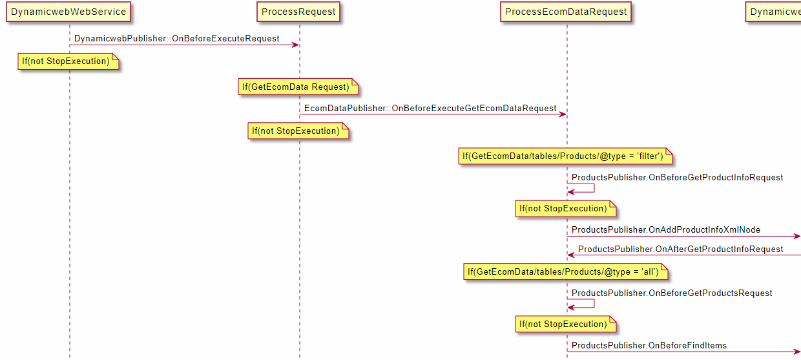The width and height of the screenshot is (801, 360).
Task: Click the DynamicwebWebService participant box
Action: (69, 12)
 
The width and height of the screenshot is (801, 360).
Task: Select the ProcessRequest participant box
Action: (298, 12)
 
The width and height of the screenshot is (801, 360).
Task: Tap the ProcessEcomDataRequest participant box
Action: (566, 12)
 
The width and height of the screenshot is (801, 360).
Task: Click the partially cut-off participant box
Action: (774, 12)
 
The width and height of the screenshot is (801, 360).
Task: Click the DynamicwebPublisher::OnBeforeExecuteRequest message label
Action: (177, 39)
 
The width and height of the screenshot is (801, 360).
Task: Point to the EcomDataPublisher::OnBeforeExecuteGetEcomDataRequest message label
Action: (430, 108)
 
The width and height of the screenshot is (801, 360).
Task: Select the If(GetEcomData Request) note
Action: (296, 87)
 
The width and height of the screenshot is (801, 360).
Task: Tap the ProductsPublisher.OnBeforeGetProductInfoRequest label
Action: (677, 177)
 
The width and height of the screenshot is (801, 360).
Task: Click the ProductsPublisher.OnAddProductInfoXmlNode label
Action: (666, 229)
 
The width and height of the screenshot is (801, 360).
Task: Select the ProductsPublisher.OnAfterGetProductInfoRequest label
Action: (680, 249)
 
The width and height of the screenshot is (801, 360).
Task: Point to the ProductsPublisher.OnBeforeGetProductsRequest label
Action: (672, 293)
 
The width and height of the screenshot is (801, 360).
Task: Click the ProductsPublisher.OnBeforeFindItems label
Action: (649, 346)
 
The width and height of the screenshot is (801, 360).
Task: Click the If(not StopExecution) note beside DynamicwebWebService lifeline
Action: (67, 61)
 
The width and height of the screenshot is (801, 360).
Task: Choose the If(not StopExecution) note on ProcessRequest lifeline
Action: (296, 131)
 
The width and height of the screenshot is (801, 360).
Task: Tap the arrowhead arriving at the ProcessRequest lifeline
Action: (295, 45)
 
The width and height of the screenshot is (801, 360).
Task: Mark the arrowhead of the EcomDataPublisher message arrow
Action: (563, 114)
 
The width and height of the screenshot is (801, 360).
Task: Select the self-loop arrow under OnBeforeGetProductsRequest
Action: (584, 304)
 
